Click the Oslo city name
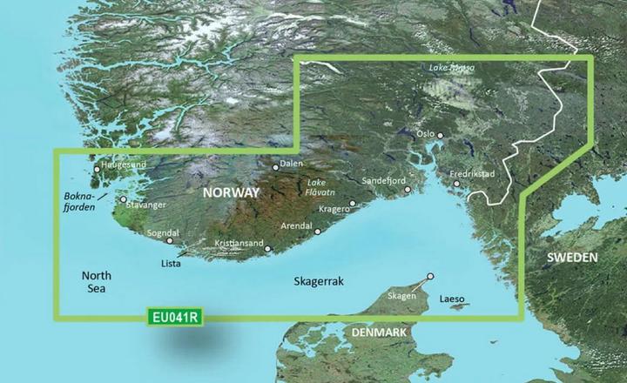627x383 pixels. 425,135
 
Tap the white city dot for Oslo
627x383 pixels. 441,135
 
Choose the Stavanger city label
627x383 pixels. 147,206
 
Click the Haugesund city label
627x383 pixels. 122,163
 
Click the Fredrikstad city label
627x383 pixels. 472,174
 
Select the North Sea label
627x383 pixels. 98,281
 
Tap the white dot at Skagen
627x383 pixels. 429,279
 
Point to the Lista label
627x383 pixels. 172,261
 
